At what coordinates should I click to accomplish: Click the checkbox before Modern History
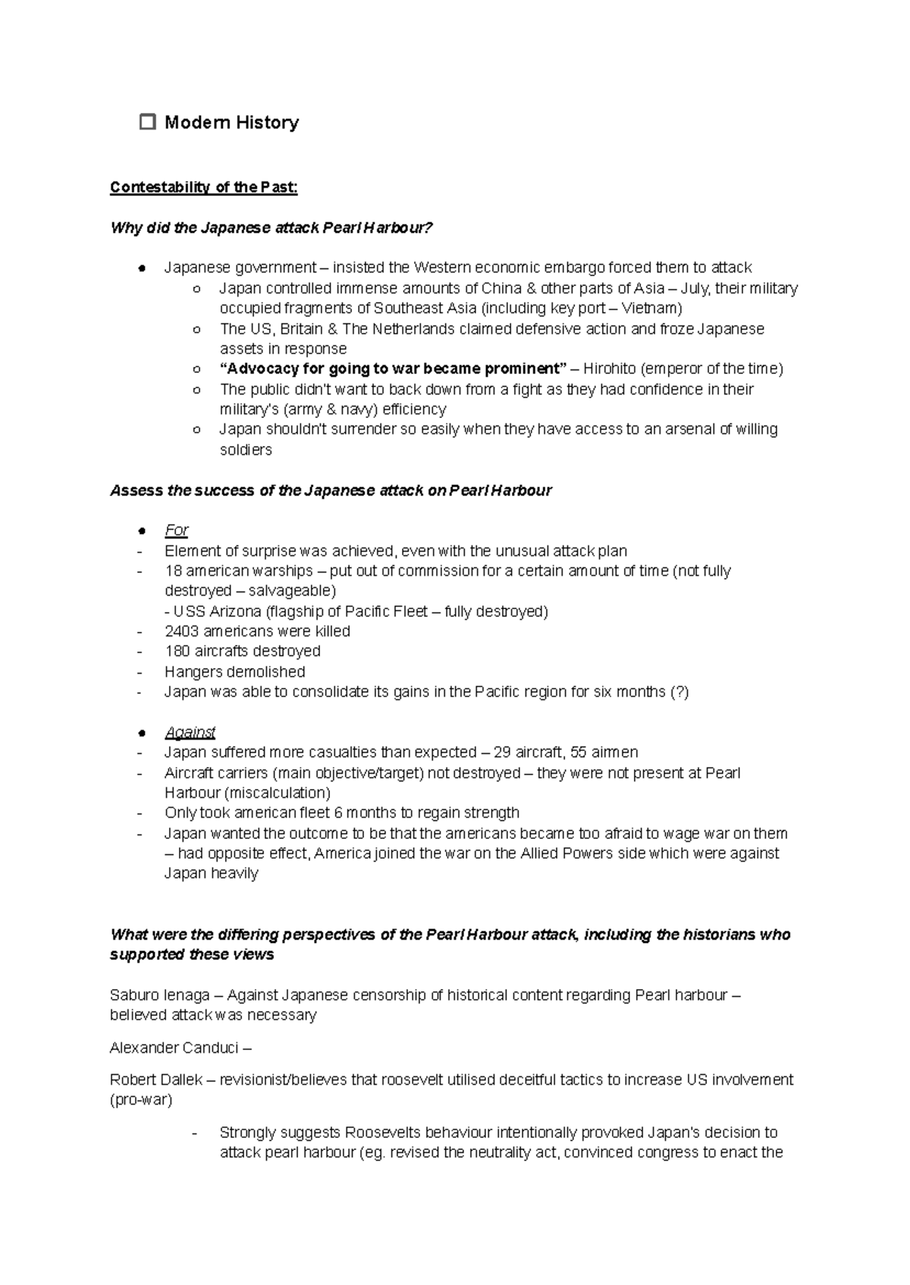148,121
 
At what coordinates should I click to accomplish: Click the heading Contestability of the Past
203,187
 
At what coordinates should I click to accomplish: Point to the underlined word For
176,530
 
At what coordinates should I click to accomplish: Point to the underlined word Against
190,733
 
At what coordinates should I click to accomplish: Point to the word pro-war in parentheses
141,1100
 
